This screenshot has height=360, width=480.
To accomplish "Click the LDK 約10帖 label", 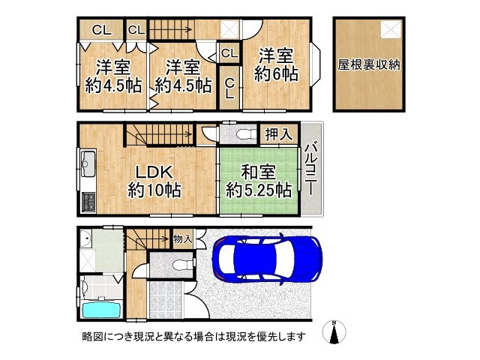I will click(x=153, y=181).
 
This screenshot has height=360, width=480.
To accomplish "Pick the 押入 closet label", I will click(x=279, y=135).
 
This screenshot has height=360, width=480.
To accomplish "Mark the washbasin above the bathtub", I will click(x=87, y=243).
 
